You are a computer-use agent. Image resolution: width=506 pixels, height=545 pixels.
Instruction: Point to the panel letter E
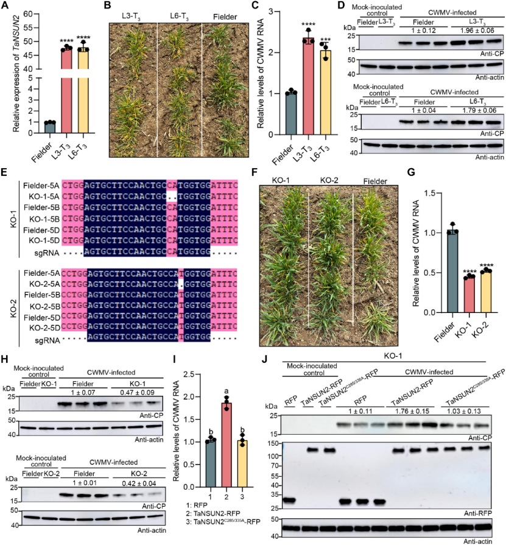click(x=5, y=176)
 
